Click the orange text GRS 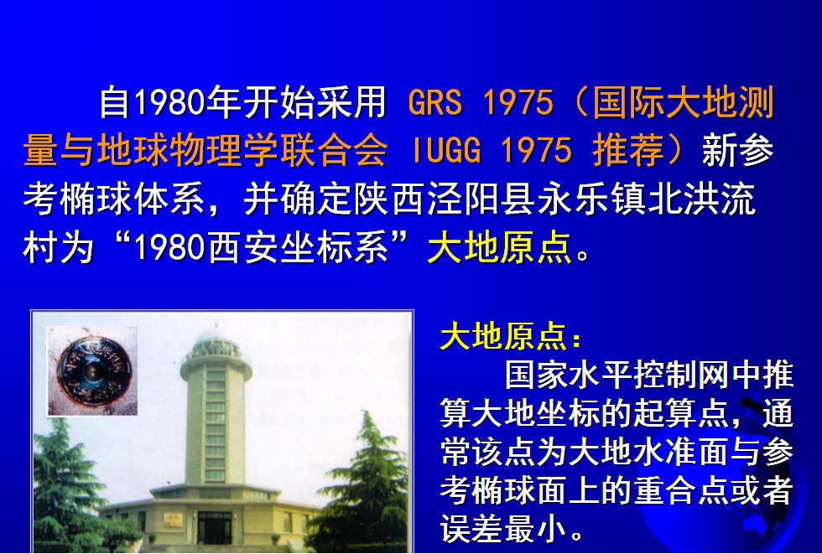[x=435, y=102]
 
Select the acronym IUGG [x=446, y=150]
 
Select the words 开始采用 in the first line [x=315, y=101]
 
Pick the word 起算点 [x=681, y=414]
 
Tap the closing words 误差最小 [x=503, y=530]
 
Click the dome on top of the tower [x=216, y=337]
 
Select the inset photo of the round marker [x=92, y=371]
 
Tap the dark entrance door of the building [x=215, y=528]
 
